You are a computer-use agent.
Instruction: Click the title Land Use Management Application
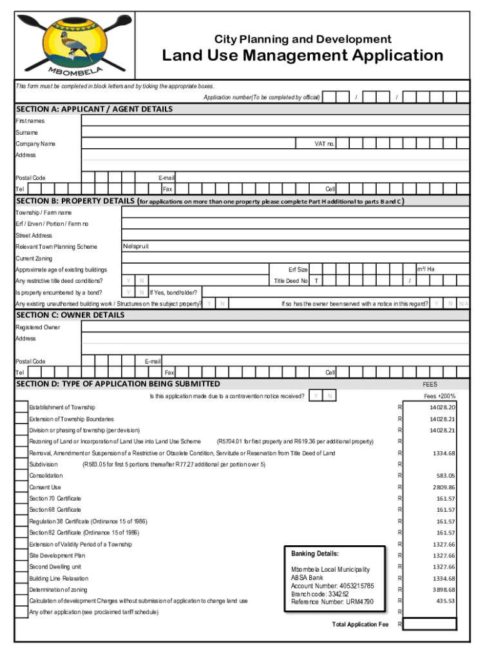click(302, 55)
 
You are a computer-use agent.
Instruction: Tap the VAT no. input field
click(402, 144)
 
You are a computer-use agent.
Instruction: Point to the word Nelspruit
click(136, 247)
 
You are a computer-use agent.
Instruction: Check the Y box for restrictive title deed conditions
click(129, 281)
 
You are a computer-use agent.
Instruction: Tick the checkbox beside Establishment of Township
click(21, 407)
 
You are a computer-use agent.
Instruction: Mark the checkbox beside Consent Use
click(21, 487)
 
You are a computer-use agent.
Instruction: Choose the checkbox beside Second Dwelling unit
click(21, 567)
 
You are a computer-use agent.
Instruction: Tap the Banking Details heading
click(314, 554)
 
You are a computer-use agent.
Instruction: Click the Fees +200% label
click(439, 396)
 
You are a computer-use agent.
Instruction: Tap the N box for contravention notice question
click(329, 396)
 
